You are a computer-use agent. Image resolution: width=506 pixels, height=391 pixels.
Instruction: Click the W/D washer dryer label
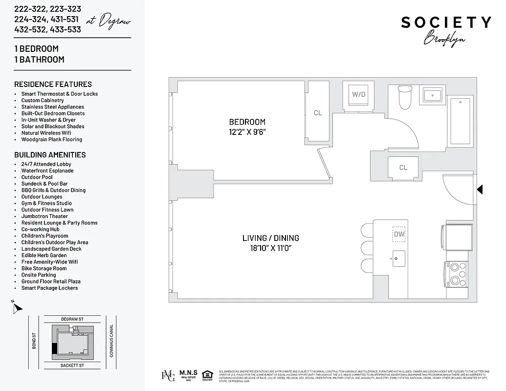[359, 94]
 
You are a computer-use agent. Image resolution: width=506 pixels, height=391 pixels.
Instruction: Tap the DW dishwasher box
[399, 234]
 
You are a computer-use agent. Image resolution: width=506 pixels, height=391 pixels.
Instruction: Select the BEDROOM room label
[247, 122]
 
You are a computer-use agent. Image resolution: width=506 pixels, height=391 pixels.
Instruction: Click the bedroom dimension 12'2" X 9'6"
[247, 131]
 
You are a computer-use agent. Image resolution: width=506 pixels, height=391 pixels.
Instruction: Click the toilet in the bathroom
[405, 98]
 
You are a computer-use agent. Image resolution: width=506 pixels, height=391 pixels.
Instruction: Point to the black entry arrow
[480, 189]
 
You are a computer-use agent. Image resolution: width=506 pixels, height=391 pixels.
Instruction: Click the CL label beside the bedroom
[318, 113]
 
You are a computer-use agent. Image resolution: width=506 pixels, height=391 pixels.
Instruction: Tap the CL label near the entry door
[403, 168]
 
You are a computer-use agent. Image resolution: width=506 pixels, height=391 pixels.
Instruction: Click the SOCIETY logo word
[446, 22]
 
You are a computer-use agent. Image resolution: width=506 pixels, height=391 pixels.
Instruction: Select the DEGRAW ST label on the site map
[72, 319]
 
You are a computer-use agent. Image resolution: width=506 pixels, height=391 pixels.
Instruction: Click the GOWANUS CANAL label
[111, 341]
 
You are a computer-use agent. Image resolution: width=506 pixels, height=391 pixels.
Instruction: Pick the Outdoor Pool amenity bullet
[37, 177]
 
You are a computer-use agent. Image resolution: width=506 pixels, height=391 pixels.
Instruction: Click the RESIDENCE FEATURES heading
[53, 84]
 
